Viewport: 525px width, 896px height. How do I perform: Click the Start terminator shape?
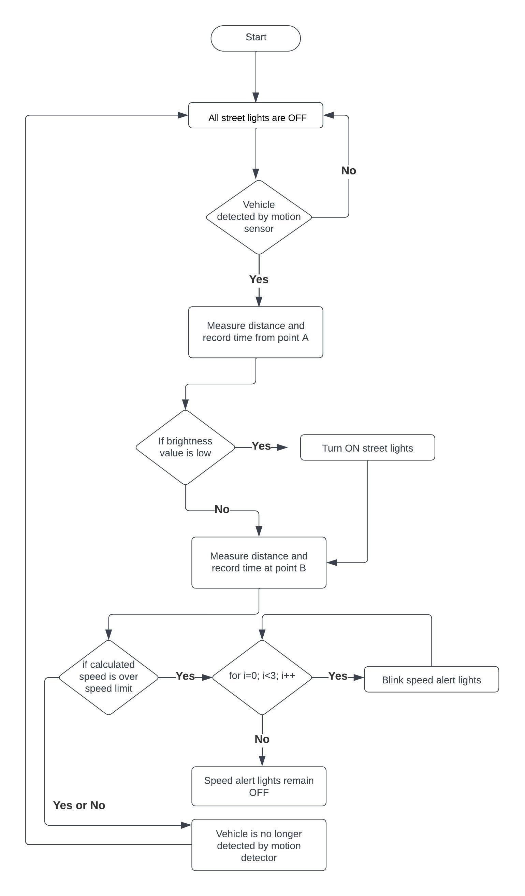(x=256, y=38)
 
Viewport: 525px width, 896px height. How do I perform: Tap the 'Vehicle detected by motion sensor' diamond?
(x=259, y=217)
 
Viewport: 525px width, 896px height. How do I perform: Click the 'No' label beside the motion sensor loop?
(x=348, y=171)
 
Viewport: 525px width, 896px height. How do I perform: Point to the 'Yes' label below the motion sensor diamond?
(x=259, y=279)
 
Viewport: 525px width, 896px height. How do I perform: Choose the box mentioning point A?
(x=256, y=332)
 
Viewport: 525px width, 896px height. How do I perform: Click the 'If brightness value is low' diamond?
(x=185, y=447)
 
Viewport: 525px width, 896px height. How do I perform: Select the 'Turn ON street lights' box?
(x=367, y=447)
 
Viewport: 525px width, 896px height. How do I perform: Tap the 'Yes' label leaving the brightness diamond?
(x=261, y=446)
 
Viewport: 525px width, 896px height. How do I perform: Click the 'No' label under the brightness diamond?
(x=222, y=509)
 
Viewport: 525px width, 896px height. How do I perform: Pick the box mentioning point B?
(x=259, y=562)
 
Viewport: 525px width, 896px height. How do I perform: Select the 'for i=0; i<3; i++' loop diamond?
(x=262, y=677)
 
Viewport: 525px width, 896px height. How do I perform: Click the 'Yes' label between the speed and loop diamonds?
(x=185, y=676)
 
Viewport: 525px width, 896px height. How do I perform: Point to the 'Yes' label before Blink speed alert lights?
(x=338, y=676)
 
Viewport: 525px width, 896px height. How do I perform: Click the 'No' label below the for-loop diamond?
(x=262, y=739)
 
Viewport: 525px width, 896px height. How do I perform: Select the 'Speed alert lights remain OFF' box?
(x=259, y=786)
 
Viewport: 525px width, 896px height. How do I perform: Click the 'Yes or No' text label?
(x=79, y=805)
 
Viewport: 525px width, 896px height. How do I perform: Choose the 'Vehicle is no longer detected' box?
(x=259, y=845)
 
